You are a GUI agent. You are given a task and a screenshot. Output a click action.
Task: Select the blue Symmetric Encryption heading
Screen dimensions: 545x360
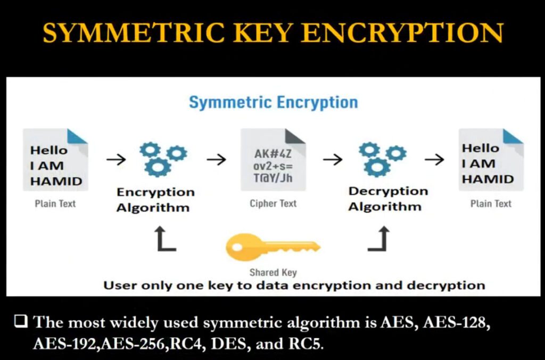click(x=273, y=103)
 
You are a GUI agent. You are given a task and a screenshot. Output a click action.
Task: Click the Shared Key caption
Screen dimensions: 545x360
click(x=273, y=272)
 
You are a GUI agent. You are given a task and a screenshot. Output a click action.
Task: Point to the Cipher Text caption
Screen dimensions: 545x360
click(x=273, y=203)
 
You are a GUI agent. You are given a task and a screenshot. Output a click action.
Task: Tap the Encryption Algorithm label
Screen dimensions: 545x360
click(x=155, y=200)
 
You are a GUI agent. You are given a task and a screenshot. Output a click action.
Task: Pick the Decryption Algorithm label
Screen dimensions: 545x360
click(x=388, y=199)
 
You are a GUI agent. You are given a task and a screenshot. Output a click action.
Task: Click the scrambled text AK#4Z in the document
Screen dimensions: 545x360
click(x=273, y=153)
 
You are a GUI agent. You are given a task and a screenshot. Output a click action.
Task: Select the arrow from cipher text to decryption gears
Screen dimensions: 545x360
click(x=333, y=160)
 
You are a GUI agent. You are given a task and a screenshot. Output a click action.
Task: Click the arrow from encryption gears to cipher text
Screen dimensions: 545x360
click(x=217, y=160)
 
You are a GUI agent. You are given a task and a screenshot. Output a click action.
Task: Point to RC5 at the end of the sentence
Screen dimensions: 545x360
click(x=306, y=344)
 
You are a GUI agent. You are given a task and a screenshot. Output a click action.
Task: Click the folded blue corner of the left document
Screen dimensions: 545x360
click(x=77, y=136)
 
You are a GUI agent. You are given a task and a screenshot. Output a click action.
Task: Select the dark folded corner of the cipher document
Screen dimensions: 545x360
click(x=295, y=136)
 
